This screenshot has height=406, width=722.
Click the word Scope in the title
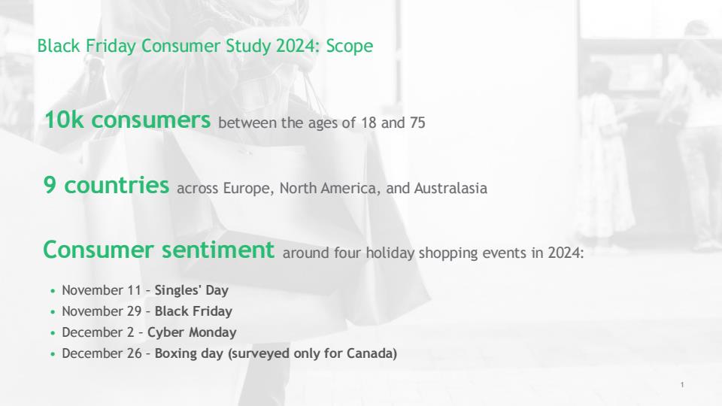coord(350,47)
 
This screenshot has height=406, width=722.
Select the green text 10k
coord(64,120)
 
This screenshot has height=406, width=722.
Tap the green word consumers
coord(151,120)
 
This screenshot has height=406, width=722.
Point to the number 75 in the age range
coord(417,123)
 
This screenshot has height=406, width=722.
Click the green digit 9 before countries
coord(50,185)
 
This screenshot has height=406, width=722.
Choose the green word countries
coord(117,185)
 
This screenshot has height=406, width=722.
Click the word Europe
coord(248,189)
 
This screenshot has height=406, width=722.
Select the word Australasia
coord(450,188)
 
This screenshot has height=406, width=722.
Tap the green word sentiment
coord(218,250)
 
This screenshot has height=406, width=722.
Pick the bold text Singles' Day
coord(192,290)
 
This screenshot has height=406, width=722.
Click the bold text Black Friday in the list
coord(193,311)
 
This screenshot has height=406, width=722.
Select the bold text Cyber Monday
coord(192,332)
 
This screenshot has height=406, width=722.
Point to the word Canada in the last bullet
coord(372,353)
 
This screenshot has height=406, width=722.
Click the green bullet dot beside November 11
coord(53,291)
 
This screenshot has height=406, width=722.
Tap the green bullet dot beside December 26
coord(53,354)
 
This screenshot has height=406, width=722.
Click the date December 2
coord(98,332)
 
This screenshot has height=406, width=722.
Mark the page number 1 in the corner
coord(682,385)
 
